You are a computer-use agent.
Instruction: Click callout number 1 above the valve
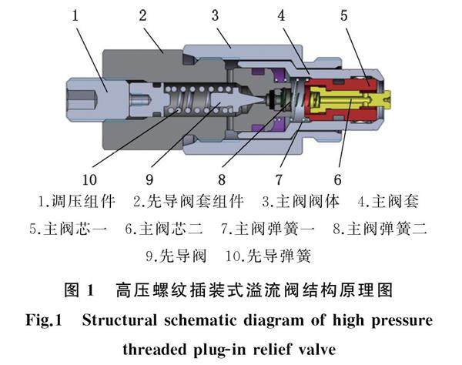75,15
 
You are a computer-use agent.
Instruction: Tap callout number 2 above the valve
143,15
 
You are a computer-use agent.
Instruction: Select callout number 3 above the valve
216,15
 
